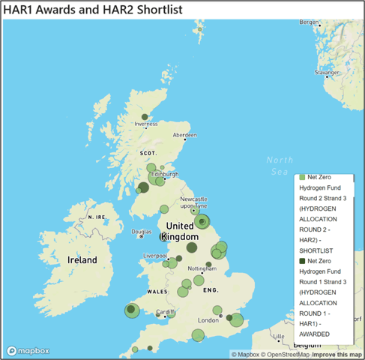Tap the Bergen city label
pos(310,22)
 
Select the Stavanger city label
pos(326,73)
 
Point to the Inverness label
pos(145,124)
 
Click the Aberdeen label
pos(184,136)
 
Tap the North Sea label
pos(280,165)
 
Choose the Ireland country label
pos(82,259)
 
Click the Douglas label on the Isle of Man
pos(142,232)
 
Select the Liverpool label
pos(156,256)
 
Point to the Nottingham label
pos(202,268)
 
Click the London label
pos(208,320)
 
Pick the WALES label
pos(157,291)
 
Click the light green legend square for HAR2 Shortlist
pos(303,177)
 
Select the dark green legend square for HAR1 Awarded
pos(303,260)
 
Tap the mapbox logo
pos(29,350)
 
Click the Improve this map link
pos(337,354)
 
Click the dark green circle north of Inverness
pos(145,117)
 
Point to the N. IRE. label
pos(97,217)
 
